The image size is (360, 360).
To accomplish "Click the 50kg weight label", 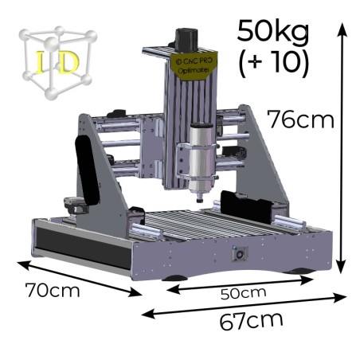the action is (x=273, y=31).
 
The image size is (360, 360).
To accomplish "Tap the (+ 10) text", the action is (x=274, y=63).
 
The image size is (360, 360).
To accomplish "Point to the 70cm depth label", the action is (x=53, y=290).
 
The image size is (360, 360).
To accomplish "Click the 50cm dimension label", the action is (x=244, y=293).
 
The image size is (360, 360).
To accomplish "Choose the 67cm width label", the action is (x=251, y=321).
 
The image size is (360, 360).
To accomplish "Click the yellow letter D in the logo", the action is (x=68, y=62).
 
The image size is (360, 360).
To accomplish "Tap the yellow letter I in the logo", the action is (x=41, y=62).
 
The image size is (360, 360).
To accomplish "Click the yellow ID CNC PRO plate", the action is (x=194, y=66).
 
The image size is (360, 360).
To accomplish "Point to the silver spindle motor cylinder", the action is (x=201, y=159).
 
